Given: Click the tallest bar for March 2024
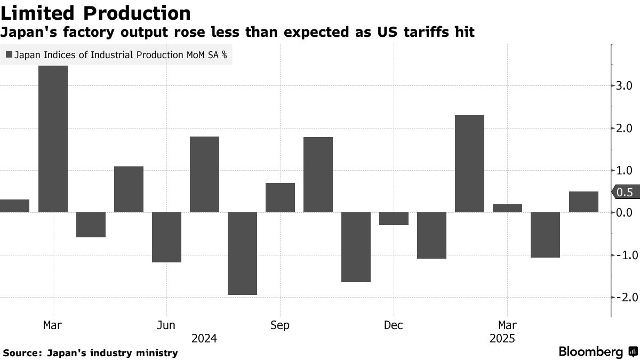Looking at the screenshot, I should [53, 139].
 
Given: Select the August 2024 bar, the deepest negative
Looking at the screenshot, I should [242, 253].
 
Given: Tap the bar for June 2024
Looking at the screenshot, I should [166, 237].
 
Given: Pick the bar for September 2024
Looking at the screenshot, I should [280, 198].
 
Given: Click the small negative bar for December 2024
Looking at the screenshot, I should [394, 219].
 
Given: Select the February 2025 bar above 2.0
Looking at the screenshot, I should [469, 164].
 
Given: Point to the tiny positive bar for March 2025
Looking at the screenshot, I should [507, 209].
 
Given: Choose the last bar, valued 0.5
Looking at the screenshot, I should [583, 202].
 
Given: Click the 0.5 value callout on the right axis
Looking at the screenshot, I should [623, 193].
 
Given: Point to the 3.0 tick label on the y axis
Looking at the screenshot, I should [624, 86].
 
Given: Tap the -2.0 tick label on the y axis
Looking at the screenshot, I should [622, 298].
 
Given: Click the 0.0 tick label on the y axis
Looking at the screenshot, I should [624, 213].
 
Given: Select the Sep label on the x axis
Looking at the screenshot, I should [280, 325].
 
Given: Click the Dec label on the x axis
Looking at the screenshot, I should [393, 325].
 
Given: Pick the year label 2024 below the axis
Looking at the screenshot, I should [204, 338].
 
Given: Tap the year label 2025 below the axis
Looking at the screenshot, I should [502, 338].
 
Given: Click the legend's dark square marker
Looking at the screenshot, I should [9, 54].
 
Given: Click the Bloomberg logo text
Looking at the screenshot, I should [590, 351].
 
